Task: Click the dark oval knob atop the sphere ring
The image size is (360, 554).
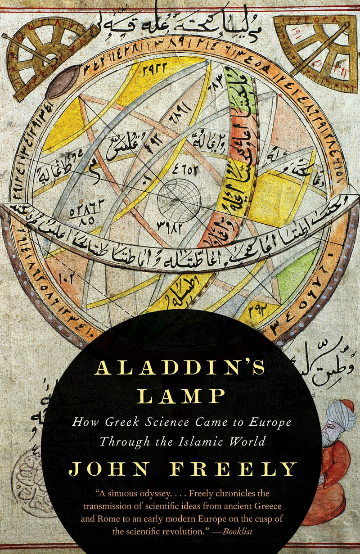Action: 63,81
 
